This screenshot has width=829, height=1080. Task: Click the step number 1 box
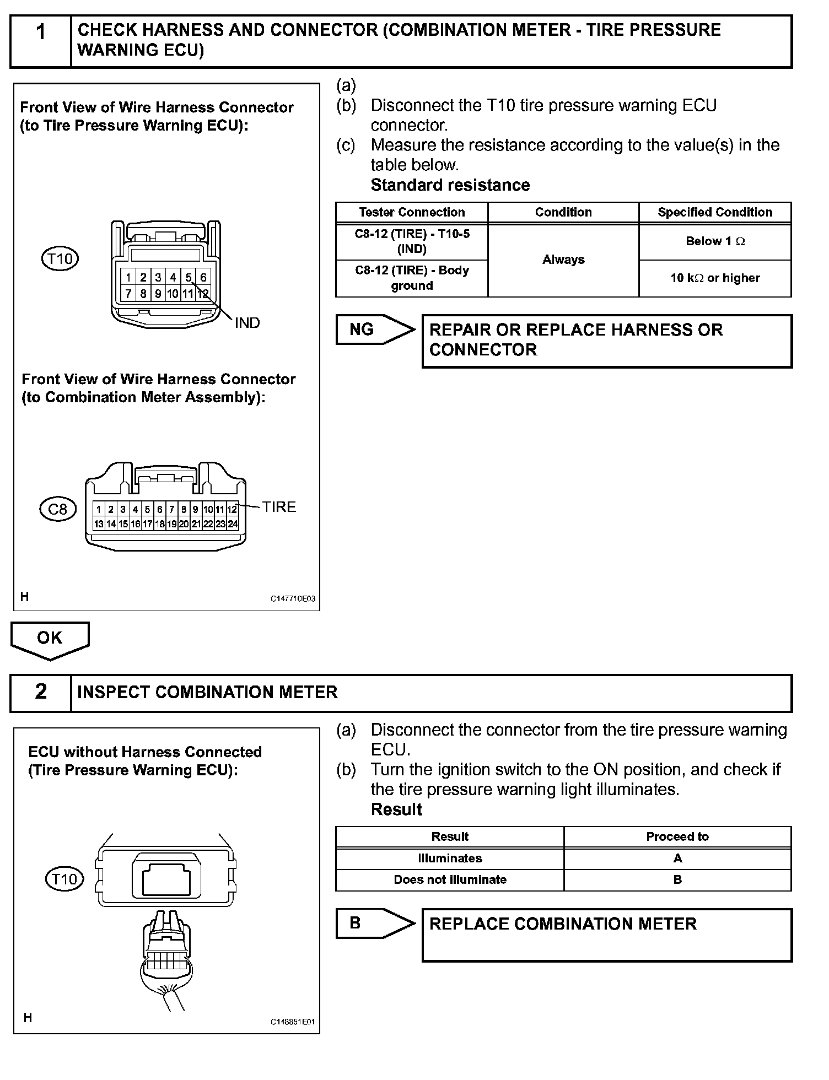[41, 41]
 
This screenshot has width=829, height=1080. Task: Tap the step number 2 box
[41, 692]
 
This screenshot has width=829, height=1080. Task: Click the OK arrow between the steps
[50, 639]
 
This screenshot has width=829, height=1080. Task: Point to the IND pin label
[247, 323]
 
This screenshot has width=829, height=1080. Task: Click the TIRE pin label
[279, 507]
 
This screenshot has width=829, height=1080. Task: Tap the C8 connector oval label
[58, 509]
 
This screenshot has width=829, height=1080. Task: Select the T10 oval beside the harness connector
[60, 258]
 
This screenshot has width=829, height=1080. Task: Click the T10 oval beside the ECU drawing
[64, 879]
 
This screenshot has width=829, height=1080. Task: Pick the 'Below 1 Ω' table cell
[715, 241]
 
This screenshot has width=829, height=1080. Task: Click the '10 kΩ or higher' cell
[715, 278]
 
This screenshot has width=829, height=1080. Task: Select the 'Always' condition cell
[563, 260]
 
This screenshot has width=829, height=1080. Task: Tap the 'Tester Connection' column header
[412, 212]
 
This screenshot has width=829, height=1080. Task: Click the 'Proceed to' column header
[677, 836]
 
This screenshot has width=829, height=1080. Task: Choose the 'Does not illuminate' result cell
[450, 880]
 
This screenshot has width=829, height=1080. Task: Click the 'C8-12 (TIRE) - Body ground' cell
[412, 278]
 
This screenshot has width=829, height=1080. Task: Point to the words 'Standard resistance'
[450, 185]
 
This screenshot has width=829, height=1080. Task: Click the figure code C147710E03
[293, 599]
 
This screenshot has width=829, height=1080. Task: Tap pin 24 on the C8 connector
[233, 524]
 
